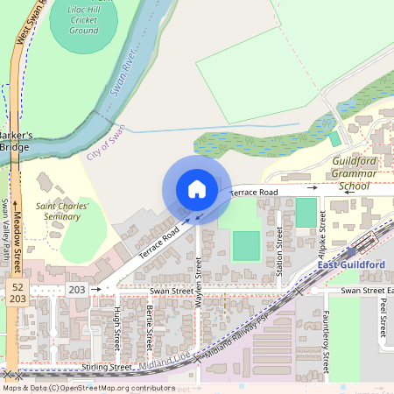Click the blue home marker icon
click(x=196, y=188)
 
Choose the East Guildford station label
click(x=350, y=265)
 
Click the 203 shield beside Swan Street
click(x=77, y=288)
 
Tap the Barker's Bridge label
click(x=15, y=141)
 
